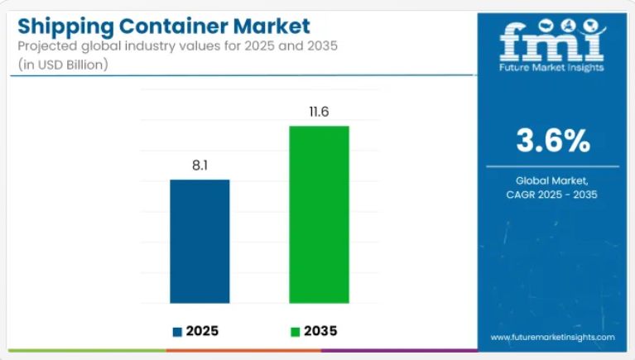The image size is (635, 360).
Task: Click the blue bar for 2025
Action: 200,241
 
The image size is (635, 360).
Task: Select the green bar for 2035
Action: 319,214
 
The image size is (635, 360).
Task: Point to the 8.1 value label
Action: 200,166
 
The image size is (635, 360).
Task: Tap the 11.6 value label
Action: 319,112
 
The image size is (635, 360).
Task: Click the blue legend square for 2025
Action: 177,332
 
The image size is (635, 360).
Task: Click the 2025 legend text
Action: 202,332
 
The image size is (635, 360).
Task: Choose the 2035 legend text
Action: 320,332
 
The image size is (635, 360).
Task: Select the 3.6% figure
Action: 553,142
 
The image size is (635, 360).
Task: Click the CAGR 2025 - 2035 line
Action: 553,194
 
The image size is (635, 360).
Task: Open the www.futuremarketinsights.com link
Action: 552,338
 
